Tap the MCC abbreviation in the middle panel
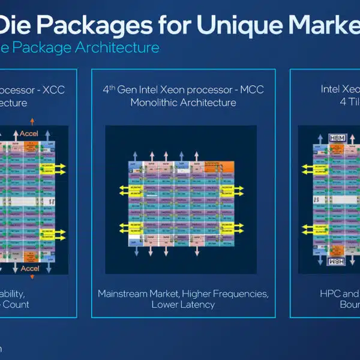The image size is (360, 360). (253, 91)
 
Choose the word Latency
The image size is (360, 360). (199, 305)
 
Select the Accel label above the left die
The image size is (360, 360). (29, 134)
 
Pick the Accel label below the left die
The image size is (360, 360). (30, 269)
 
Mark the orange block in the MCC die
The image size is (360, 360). (218, 167)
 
